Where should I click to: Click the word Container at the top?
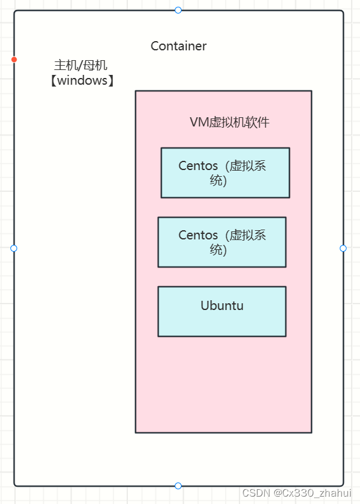(178, 46)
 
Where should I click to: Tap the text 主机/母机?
(81, 65)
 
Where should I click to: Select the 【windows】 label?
(82, 80)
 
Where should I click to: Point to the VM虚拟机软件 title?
(229, 122)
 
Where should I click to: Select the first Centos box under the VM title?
(225, 173)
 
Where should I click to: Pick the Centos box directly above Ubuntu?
(221, 242)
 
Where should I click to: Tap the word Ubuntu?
(222, 305)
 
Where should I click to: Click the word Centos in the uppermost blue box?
(198, 166)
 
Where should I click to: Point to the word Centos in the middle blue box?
(198, 235)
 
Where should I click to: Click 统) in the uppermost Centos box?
(218, 181)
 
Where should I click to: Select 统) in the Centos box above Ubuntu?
(218, 250)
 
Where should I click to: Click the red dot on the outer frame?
(14, 60)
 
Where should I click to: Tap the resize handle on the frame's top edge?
(178, 10)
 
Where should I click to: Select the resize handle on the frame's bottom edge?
(178, 486)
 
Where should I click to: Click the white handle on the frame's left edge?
(14, 248)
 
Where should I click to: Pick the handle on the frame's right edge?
(343, 248)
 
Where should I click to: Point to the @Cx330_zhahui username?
(313, 493)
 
